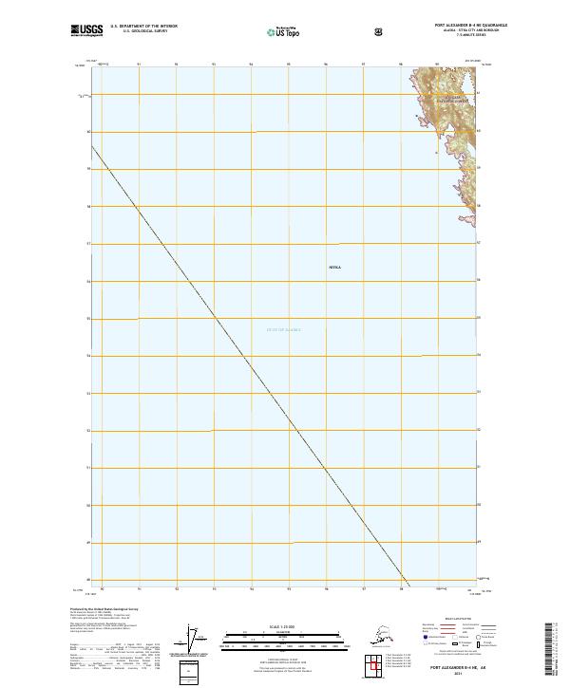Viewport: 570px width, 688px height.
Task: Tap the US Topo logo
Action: pos(284,32)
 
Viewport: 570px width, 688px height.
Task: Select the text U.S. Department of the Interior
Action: pos(143,27)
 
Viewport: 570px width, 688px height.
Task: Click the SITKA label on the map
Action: pos(333,269)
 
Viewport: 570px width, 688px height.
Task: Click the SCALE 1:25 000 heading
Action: pos(283,626)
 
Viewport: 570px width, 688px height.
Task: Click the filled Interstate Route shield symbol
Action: pos(425,642)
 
